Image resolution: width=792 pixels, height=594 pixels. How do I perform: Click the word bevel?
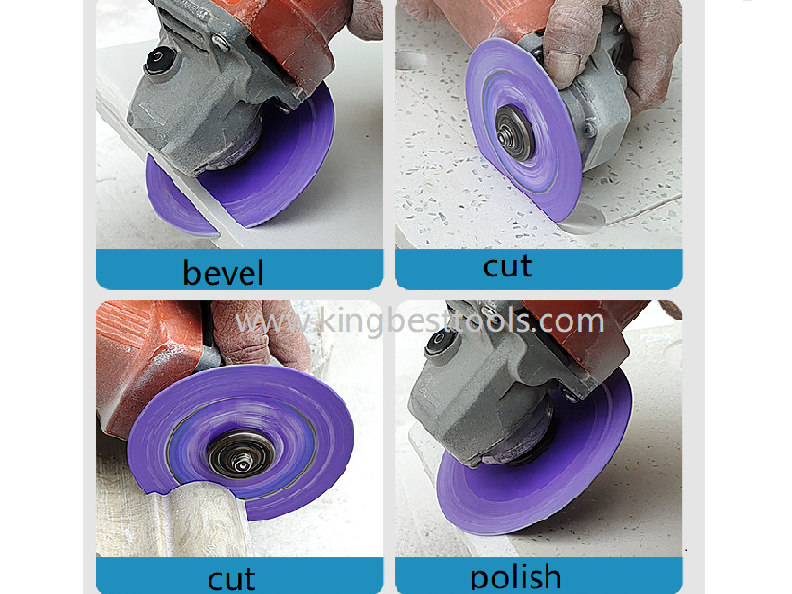223,271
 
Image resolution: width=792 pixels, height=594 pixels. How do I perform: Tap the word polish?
516,576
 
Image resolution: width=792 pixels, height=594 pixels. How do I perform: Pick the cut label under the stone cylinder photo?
231,578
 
